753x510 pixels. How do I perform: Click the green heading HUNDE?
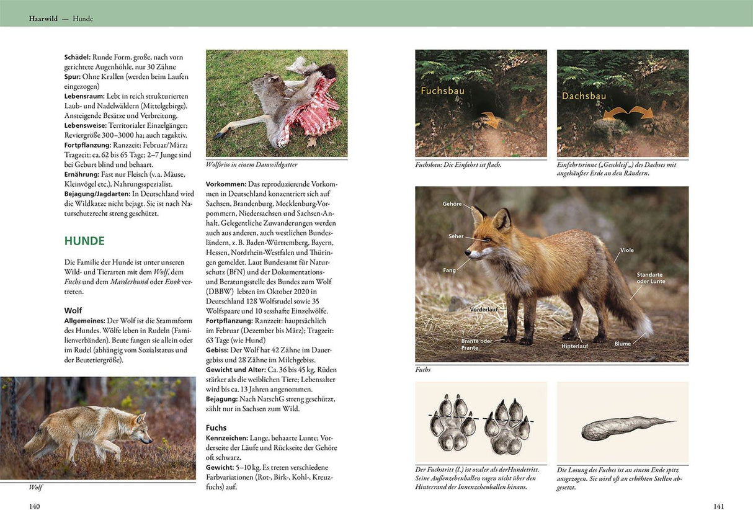tap(84, 241)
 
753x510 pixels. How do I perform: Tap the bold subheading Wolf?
tap(73, 310)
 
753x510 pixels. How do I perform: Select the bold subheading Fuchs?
tap(216, 427)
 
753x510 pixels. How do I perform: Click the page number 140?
tap(35, 506)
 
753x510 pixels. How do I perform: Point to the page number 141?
tap(718, 506)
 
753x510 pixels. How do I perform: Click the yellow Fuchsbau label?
tap(442, 91)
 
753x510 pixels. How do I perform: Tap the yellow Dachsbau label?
tap(584, 96)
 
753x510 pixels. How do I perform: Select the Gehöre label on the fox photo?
tap(452, 204)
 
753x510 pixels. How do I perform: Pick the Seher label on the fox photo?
tap(456, 236)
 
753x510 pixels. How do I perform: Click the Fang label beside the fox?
tap(450, 270)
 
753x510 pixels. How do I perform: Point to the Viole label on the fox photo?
tap(626, 250)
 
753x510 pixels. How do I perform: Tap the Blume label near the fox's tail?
tap(622, 344)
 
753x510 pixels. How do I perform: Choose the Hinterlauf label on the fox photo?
tap(574, 346)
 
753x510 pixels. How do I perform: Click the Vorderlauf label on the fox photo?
tap(484, 309)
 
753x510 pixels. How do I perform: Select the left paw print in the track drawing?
tap(452, 422)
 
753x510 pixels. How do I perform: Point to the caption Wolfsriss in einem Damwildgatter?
tap(251, 164)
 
